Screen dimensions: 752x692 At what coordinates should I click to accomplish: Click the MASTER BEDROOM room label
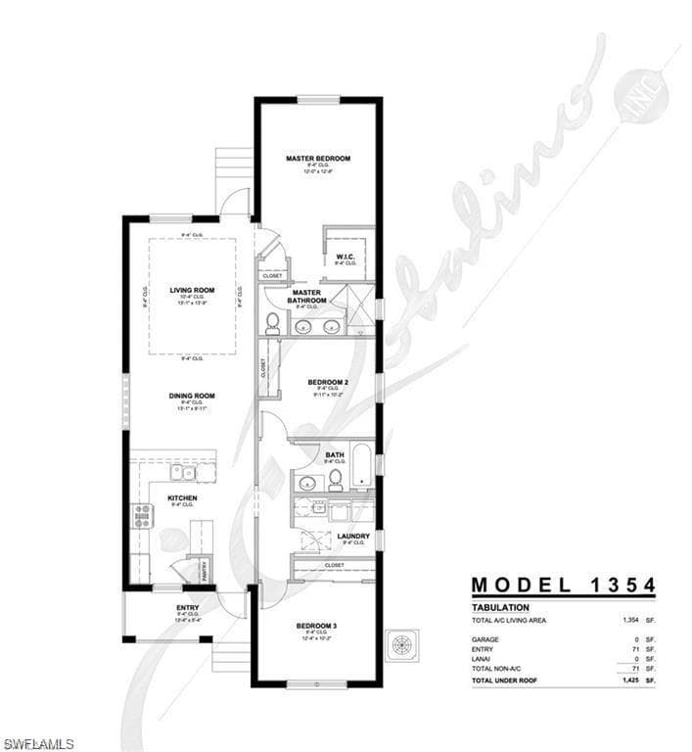point(318,158)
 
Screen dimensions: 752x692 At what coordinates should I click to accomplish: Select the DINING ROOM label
point(191,396)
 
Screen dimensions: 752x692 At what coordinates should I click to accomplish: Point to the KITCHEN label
point(182,498)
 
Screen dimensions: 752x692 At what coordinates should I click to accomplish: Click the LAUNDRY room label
point(352,536)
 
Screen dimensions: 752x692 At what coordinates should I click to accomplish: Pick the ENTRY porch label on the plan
point(187,607)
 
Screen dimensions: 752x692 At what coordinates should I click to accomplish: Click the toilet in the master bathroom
point(272,323)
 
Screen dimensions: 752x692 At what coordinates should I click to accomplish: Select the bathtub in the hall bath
point(361,466)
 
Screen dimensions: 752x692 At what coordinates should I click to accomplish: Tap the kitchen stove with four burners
point(143,516)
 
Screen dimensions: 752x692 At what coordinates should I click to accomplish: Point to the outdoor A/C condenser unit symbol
point(402,645)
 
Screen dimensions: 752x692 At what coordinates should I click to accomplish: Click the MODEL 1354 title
point(563,586)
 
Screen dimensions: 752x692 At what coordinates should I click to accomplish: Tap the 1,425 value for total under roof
point(630,680)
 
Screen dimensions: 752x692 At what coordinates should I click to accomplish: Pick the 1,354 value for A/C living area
point(630,621)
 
